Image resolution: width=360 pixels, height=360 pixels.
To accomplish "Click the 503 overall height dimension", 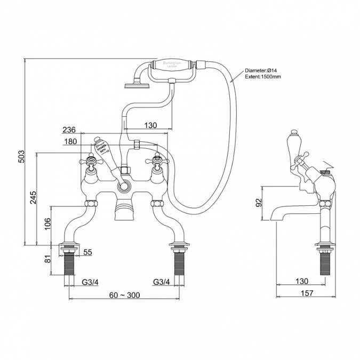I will point(22,156).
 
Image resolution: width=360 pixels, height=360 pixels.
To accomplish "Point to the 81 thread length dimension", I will point(47,259).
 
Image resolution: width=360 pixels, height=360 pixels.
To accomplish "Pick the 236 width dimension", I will point(69,130).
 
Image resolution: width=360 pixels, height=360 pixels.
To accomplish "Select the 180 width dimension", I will point(70,141).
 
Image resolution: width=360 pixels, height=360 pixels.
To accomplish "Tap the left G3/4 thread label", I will point(90,281).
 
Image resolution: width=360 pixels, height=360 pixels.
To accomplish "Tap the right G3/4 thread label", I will point(162,281).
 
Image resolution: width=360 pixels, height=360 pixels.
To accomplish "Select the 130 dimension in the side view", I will point(302,281).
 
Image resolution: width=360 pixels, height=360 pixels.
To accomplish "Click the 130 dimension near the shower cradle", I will point(150,125).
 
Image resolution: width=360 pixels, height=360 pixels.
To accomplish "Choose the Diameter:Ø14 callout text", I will point(261,70).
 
